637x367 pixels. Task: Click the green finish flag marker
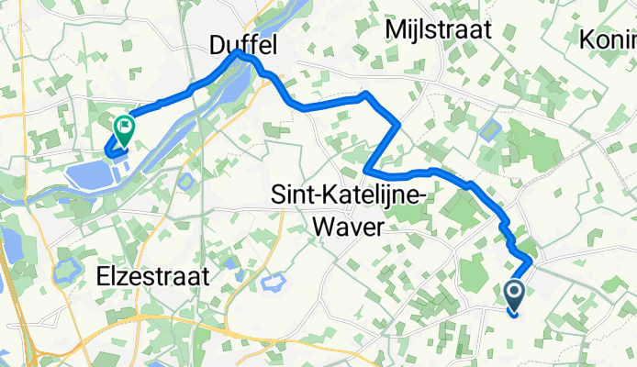click(122, 129)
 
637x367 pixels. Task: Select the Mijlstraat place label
click(439, 29)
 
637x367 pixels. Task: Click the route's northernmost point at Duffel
click(239, 52)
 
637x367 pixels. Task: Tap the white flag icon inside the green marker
click(122, 126)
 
